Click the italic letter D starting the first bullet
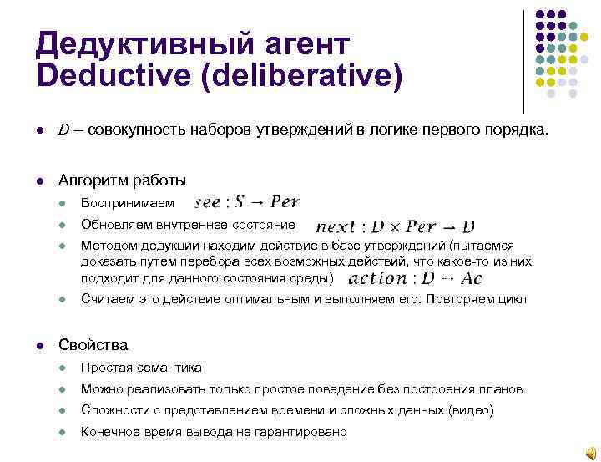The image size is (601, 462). [x=63, y=130]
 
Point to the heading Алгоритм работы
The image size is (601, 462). [x=122, y=180]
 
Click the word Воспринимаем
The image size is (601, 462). [x=128, y=203]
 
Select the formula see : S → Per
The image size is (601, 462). [x=246, y=202]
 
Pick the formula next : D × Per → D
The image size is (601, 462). [x=396, y=226]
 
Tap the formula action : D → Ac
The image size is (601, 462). [x=412, y=278]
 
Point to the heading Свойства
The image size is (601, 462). [x=93, y=344]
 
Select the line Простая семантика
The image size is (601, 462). [x=141, y=368]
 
